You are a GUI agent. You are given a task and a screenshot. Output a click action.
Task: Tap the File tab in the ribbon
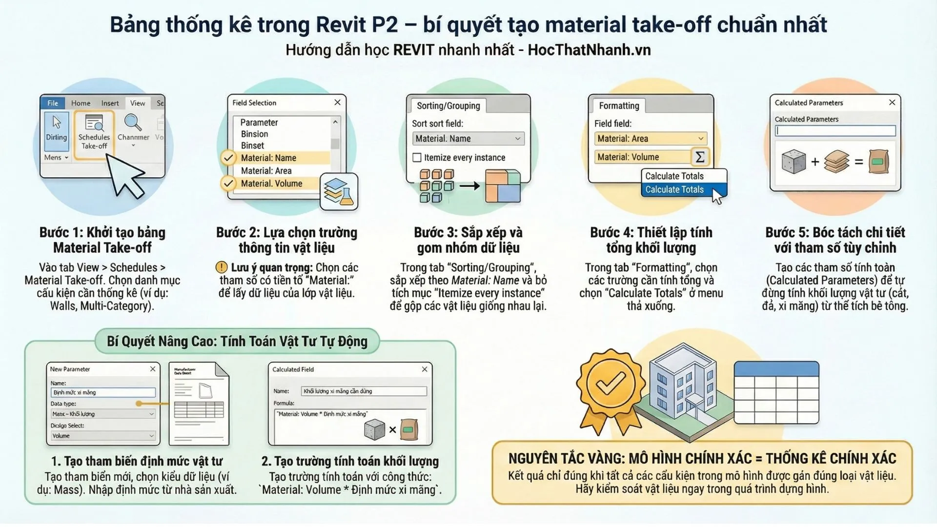coord(53,103)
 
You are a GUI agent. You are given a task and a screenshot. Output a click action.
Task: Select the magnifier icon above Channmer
coord(133,122)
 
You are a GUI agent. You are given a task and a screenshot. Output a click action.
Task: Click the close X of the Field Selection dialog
coord(337,102)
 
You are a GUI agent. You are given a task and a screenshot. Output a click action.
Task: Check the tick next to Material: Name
coord(228,158)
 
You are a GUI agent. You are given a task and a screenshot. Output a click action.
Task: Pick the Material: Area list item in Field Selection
coord(266,171)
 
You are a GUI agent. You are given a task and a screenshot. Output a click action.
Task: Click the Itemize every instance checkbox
coord(417,158)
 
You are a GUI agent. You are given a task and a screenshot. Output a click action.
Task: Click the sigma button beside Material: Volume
coord(699,157)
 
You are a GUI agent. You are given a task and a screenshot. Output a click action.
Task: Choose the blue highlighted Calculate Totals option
coord(674,190)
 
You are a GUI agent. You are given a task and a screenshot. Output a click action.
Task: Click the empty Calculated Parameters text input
coord(835,131)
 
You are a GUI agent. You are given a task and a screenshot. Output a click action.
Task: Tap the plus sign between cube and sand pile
coord(815,162)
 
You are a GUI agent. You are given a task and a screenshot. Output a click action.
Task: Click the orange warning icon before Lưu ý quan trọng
coord(222,267)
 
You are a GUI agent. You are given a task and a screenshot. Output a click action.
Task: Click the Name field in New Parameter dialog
coord(103,392)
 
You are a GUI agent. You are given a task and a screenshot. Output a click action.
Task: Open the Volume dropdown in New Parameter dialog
coord(103,436)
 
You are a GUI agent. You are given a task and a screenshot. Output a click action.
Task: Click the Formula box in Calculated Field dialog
coord(349,426)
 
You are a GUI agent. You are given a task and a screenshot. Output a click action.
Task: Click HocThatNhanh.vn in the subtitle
coord(589,50)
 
